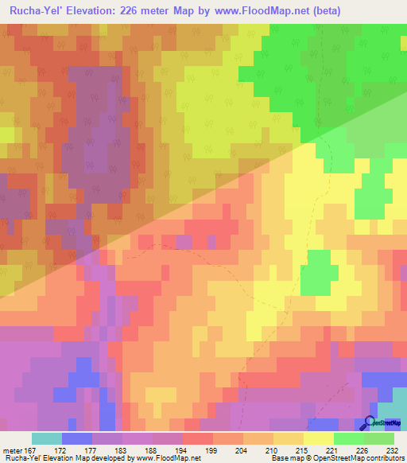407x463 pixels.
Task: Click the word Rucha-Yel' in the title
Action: (35, 10)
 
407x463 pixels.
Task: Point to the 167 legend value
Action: (31, 450)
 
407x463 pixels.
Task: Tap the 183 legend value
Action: (118, 450)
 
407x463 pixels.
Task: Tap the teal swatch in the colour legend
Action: (47, 438)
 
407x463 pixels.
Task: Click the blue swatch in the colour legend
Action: (77, 438)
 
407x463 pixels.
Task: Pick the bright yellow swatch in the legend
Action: (319, 438)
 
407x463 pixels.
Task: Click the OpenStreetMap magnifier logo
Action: (369, 422)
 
